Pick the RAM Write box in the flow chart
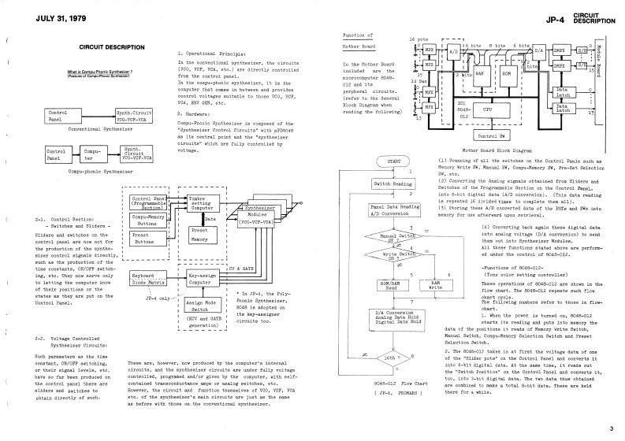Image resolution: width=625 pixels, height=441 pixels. (435, 284)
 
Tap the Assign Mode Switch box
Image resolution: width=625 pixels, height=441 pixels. (199, 306)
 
